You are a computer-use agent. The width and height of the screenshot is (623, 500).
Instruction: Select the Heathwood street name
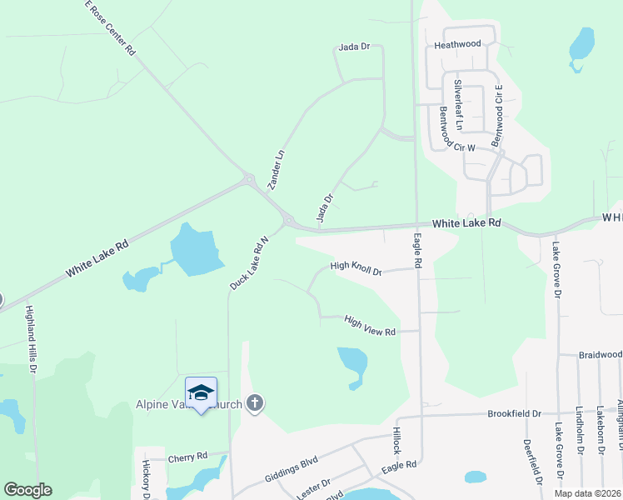[x=457, y=43]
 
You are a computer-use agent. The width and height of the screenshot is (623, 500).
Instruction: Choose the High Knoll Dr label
[x=356, y=267]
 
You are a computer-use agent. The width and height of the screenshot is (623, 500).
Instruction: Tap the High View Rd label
[x=369, y=325]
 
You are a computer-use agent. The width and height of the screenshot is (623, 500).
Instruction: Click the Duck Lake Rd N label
[x=249, y=262]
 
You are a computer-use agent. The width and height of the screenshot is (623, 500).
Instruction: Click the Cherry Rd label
[x=187, y=457]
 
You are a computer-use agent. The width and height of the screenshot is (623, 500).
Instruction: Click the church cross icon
[x=255, y=404]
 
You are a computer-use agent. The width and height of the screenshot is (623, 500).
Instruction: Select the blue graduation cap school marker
[x=201, y=392]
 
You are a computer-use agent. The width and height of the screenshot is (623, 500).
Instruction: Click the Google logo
[x=27, y=489]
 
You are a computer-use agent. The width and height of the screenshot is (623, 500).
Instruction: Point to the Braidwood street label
[x=600, y=354]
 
